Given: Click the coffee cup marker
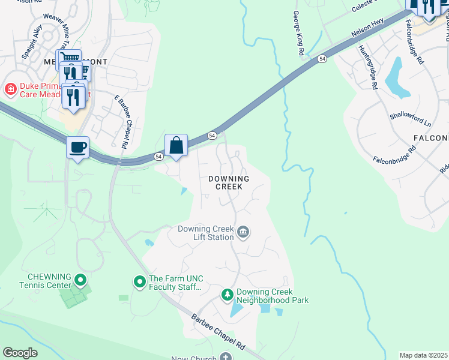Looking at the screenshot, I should [x=78, y=147].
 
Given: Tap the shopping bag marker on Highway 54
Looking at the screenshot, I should [x=176, y=146].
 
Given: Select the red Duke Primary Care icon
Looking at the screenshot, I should [x=10, y=89].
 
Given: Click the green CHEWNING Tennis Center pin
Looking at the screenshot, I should [x=81, y=280].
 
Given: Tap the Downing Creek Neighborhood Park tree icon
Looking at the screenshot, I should [x=228, y=295].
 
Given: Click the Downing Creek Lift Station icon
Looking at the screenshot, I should [x=243, y=232].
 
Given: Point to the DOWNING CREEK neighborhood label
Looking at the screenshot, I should [x=229, y=182].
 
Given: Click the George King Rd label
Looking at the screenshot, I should [x=297, y=34].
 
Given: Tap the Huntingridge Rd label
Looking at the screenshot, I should [x=367, y=67].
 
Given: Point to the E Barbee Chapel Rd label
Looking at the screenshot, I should [x=122, y=120].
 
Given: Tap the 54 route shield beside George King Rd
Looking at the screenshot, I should [x=322, y=58].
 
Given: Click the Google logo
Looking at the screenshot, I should [x=20, y=352].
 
